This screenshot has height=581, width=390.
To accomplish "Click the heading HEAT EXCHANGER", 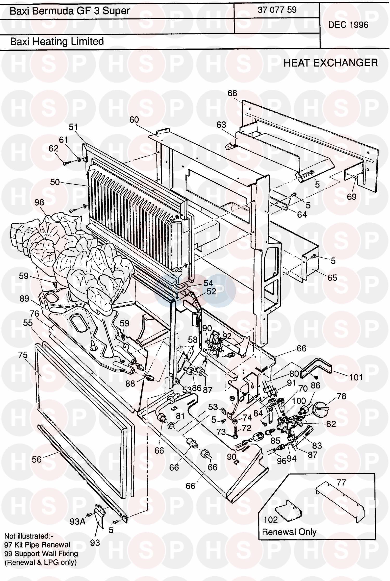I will (330, 63).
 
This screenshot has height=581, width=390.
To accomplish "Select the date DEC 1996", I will (348, 25).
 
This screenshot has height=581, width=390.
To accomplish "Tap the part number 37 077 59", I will (277, 10).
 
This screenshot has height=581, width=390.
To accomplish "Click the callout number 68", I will (232, 93).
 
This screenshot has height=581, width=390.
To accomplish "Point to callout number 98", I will (39, 202).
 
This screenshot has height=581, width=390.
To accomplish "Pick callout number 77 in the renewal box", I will (341, 483).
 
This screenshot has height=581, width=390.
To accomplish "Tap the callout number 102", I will (271, 520).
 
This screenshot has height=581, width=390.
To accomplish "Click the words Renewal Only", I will (289, 532).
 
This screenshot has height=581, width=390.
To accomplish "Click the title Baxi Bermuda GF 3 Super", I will (70, 11).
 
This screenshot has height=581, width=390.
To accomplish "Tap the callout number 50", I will (55, 182).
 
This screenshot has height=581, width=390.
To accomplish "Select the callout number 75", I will (23, 355).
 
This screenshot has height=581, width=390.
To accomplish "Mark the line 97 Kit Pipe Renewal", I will (37, 545).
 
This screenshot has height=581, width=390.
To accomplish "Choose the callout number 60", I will (134, 120).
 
